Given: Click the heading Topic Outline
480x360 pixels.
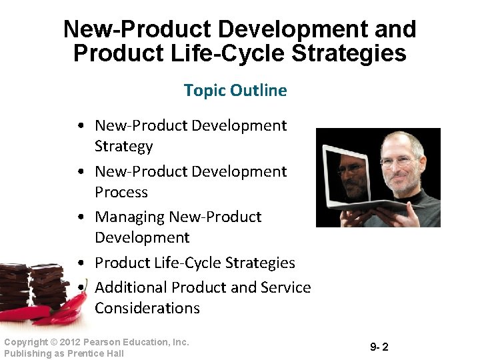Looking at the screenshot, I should pos(235,90).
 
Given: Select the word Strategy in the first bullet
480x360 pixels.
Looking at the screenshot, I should pos(123,146).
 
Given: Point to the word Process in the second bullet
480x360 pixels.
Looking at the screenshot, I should pos(121,192).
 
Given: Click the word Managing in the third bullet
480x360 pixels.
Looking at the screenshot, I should pos(130,217).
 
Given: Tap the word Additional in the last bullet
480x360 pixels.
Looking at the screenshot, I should pos(131,287).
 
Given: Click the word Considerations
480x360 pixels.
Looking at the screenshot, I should pos(147,308).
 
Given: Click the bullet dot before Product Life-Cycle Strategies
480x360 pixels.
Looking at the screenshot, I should pos(79,263).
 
